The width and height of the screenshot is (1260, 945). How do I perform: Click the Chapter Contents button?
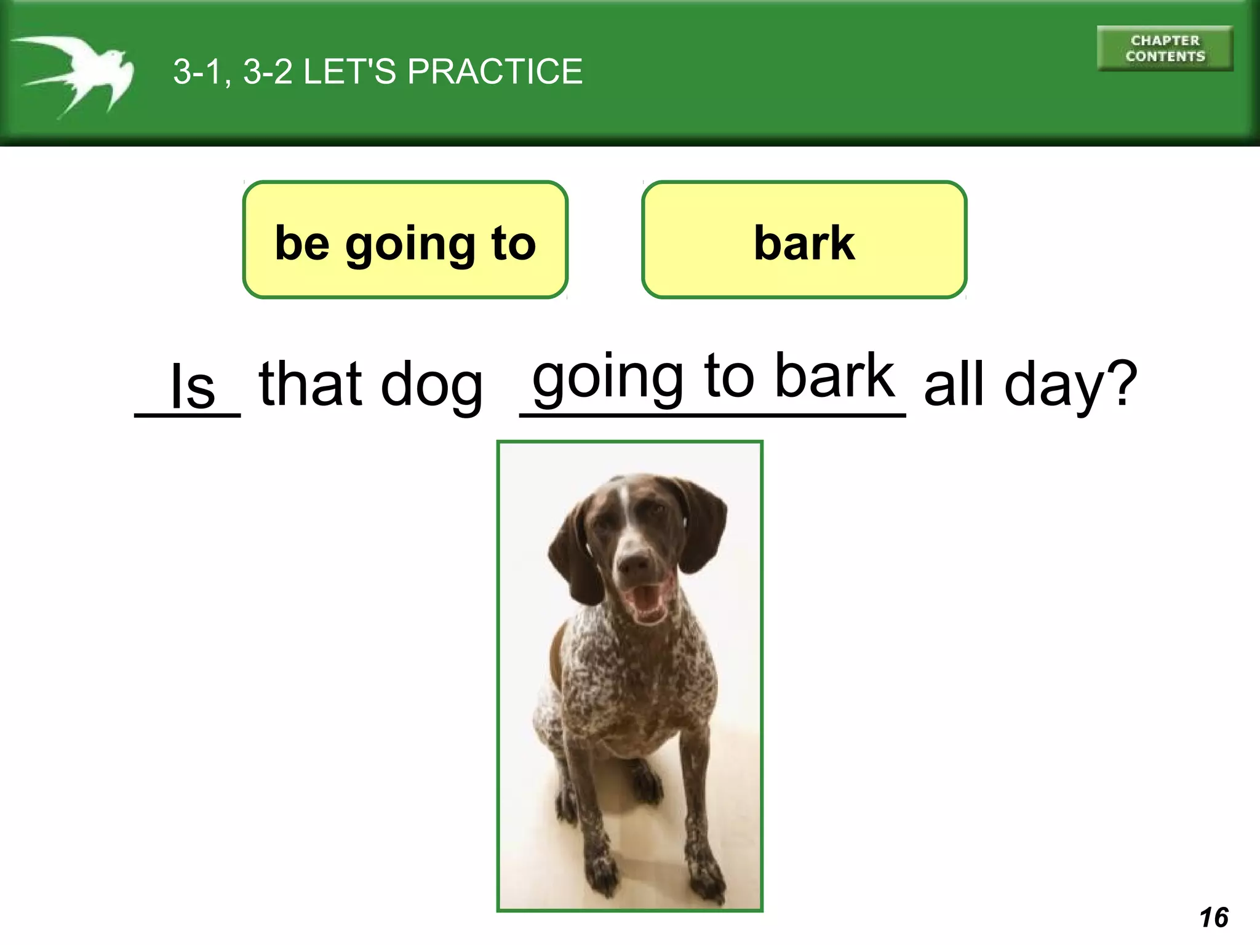click(1165, 49)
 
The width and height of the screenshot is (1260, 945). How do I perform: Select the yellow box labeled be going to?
click(405, 240)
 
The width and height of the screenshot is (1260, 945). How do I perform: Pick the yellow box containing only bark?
click(804, 240)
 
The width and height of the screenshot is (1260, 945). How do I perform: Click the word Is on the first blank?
click(192, 386)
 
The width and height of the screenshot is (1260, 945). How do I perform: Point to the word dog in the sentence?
click(432, 385)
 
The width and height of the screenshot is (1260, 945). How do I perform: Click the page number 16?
click(1213, 917)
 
